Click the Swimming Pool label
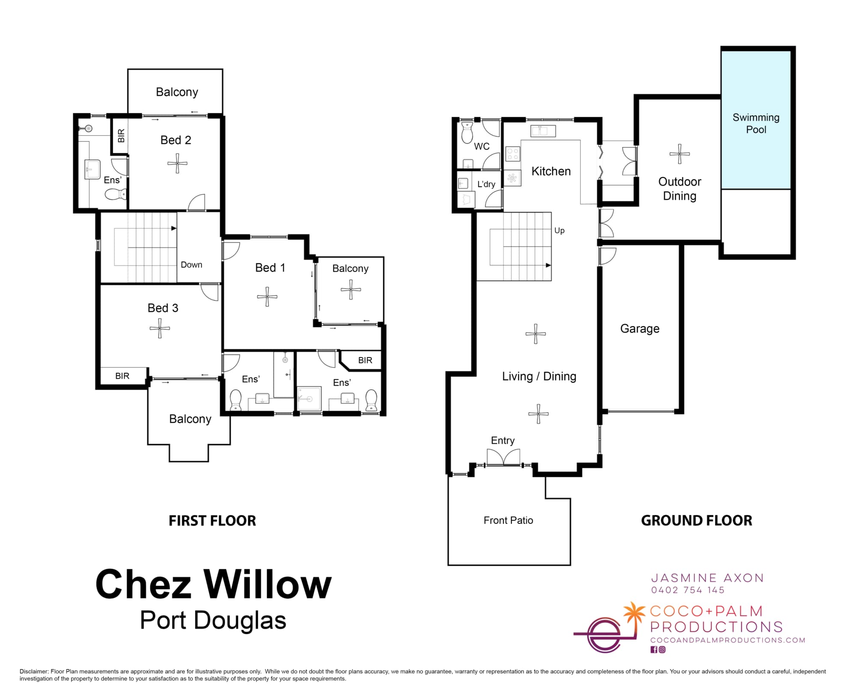click(x=756, y=123)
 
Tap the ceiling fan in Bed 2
click(x=177, y=163)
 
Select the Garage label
click(x=640, y=329)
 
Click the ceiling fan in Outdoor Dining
click(x=680, y=154)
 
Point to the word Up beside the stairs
click(x=559, y=231)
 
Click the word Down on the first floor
click(x=191, y=265)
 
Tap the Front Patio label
click(x=508, y=520)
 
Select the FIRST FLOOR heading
click(x=212, y=520)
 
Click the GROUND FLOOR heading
click(x=696, y=520)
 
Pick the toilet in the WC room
click(x=467, y=132)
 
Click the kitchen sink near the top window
click(x=543, y=131)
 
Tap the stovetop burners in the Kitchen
click(x=513, y=154)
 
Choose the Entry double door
click(x=504, y=457)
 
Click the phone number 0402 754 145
click(x=688, y=590)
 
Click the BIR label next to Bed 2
click(x=121, y=136)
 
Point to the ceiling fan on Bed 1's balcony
click(x=351, y=289)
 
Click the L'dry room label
click(x=486, y=184)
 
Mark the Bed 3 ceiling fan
click(x=160, y=328)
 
